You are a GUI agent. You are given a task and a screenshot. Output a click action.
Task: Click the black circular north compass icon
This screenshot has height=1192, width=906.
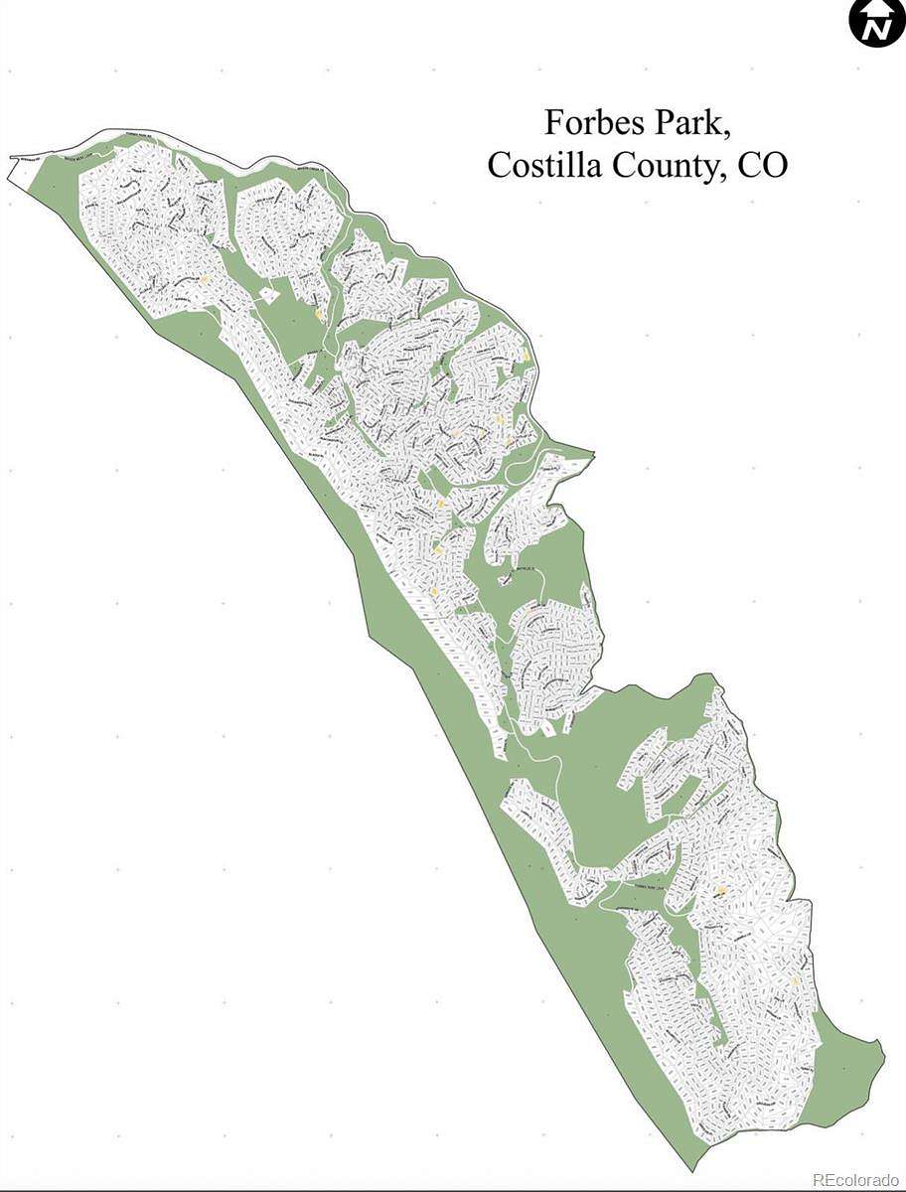[x=877, y=22]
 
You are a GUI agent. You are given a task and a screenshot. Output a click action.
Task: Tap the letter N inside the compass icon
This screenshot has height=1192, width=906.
[x=877, y=29]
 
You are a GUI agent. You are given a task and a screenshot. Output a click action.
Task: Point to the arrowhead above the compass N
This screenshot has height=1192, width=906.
[x=877, y=9]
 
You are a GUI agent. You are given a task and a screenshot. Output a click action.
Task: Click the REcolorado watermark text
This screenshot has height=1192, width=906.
[x=855, y=1180]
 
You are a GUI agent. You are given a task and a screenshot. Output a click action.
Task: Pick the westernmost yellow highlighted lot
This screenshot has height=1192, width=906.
[x=204, y=280]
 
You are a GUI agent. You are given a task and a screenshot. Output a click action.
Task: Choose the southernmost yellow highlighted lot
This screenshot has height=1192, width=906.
[x=796, y=981]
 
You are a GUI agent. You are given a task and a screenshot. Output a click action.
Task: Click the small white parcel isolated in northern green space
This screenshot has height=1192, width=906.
[x=268, y=294]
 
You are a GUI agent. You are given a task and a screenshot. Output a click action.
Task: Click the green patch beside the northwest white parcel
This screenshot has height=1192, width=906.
[x=50, y=179]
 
